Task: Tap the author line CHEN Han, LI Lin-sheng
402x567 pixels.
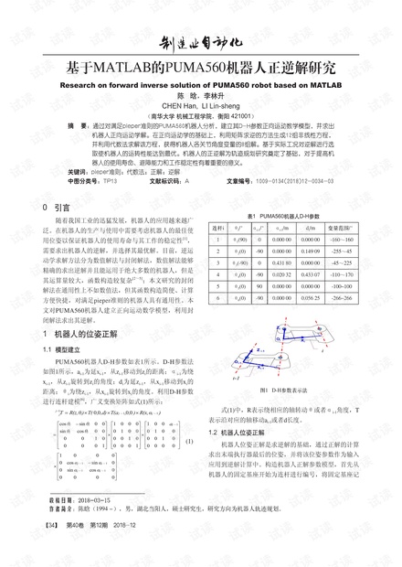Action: click(x=201, y=105)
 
